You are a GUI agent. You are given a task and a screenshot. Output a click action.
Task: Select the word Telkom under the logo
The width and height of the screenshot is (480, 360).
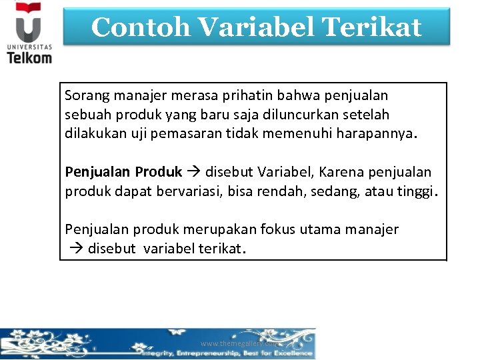click(29, 57)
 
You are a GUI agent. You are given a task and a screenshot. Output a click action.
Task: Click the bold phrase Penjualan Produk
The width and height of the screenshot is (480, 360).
click(123, 172)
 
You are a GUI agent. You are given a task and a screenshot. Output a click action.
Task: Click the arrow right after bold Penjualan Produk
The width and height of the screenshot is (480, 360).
click(193, 172)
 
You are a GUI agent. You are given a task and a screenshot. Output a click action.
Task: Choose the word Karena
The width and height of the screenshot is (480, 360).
click(341, 172)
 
